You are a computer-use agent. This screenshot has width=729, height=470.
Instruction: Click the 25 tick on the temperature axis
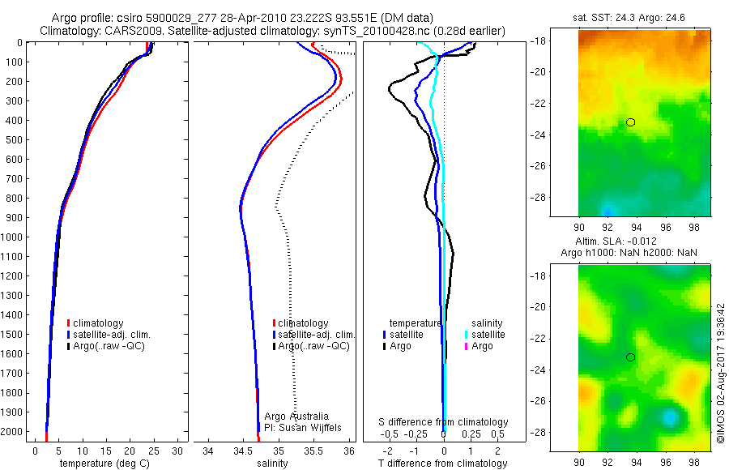[154, 450]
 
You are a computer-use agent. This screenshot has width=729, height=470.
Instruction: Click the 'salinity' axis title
[273, 464]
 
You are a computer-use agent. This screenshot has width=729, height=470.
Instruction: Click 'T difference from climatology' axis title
[442, 464]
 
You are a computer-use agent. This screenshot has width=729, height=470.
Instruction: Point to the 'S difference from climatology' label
[444, 422]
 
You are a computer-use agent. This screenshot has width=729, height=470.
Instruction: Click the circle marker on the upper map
[630, 122]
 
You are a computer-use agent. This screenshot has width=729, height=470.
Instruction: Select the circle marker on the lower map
[630, 357]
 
